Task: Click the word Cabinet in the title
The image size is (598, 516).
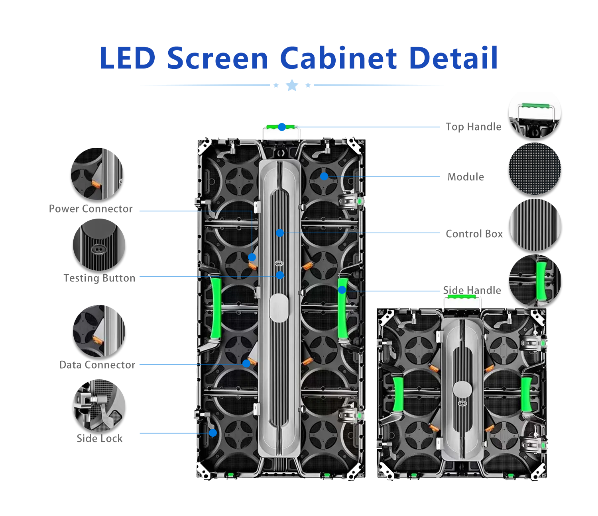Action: coord(338,58)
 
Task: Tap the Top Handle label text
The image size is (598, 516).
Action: coord(473,127)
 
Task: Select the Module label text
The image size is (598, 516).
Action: coord(466,177)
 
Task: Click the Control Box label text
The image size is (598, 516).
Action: coord(474,234)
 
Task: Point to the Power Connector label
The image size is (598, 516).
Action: coord(90,209)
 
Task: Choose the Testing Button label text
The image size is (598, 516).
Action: coord(99,278)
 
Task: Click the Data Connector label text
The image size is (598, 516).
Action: coord(97,365)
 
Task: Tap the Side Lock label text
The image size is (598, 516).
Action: coord(99,438)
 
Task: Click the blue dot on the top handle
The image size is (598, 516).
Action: coord(282,127)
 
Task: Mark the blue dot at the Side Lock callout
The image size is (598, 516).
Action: coord(213,433)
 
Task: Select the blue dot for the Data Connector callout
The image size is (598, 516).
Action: coord(246,364)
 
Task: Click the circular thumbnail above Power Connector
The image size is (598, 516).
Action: coord(97,174)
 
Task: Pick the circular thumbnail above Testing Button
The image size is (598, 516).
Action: coord(99,244)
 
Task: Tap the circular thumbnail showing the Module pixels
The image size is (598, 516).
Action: coord(535,169)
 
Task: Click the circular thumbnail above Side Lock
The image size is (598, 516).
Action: coord(99,406)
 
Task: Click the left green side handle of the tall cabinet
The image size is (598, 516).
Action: coord(216,307)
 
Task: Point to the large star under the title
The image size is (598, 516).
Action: coord(292,85)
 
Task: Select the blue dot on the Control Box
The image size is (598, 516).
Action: coord(280,233)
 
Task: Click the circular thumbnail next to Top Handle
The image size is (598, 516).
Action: coord(535,116)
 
